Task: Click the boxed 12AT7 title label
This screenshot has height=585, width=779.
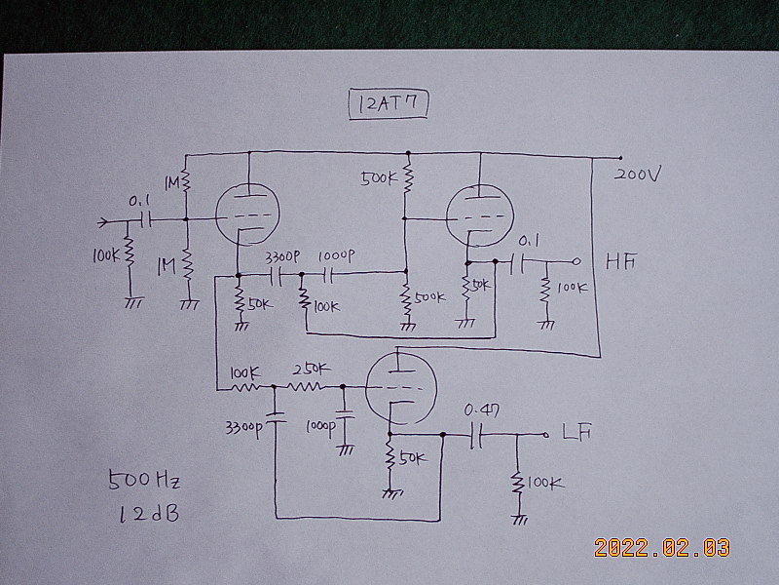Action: pos(388,101)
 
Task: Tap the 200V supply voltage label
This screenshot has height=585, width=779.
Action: pos(638,175)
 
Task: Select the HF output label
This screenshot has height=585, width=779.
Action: pos(620,261)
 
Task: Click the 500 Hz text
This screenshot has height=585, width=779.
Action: pos(145,481)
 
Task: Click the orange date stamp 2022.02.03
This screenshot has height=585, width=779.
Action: pos(661,548)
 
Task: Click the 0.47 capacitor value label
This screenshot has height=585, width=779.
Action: pos(481,410)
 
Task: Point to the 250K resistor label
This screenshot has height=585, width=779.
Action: pos(310,370)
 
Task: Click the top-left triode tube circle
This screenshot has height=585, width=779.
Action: pos(245,212)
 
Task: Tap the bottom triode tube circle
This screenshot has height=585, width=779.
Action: pos(397,387)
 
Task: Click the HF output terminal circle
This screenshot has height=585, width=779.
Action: pos(576,261)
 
